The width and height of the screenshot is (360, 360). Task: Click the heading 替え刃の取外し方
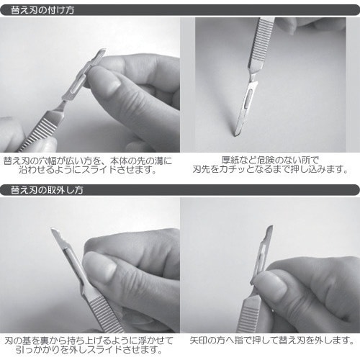47,190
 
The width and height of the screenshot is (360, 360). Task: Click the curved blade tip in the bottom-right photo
271,229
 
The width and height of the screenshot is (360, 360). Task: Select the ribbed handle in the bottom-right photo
248,317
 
